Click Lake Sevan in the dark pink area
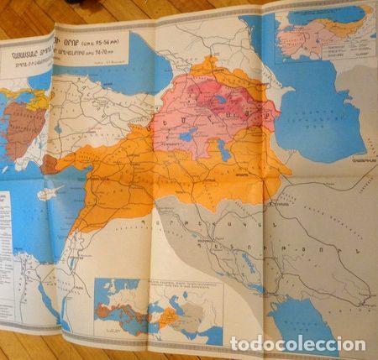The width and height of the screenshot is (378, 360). [221, 99]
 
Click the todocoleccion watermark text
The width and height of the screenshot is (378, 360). [298, 344]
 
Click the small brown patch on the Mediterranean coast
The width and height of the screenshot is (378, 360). [49, 163]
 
